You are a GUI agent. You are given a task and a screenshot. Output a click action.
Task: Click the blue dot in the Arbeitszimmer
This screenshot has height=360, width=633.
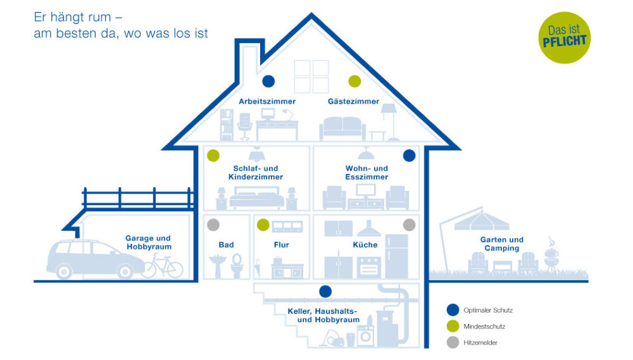click(268, 81)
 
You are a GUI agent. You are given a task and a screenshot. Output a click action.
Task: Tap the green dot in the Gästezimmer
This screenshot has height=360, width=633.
click(354, 81)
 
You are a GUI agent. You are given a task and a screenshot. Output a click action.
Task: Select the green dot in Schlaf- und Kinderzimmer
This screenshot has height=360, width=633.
click(213, 156)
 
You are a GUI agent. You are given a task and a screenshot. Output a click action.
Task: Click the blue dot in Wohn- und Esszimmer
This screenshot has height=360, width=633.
click(409, 156)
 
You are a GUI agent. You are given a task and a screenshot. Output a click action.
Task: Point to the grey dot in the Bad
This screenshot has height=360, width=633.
click(213, 225)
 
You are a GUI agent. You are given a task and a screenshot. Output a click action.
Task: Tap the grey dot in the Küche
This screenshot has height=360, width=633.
click(409, 225)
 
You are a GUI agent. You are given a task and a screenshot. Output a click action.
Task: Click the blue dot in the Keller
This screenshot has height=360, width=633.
click(325, 292)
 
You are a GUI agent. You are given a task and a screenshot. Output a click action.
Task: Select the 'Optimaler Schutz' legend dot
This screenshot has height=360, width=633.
click(452, 310)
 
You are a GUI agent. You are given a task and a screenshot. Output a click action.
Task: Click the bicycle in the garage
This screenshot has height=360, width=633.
click(162, 266)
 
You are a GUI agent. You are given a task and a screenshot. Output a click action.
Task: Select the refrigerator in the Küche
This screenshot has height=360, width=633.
click(397, 256)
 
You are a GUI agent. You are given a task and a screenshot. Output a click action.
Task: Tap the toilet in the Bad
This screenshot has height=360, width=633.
click(237, 266)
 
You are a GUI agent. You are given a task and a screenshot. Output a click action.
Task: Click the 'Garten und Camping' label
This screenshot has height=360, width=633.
click(502, 244)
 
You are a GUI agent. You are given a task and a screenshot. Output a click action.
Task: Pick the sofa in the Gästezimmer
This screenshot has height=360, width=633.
click(342, 129)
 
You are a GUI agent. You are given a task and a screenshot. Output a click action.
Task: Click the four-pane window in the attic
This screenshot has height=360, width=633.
click(311, 76)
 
